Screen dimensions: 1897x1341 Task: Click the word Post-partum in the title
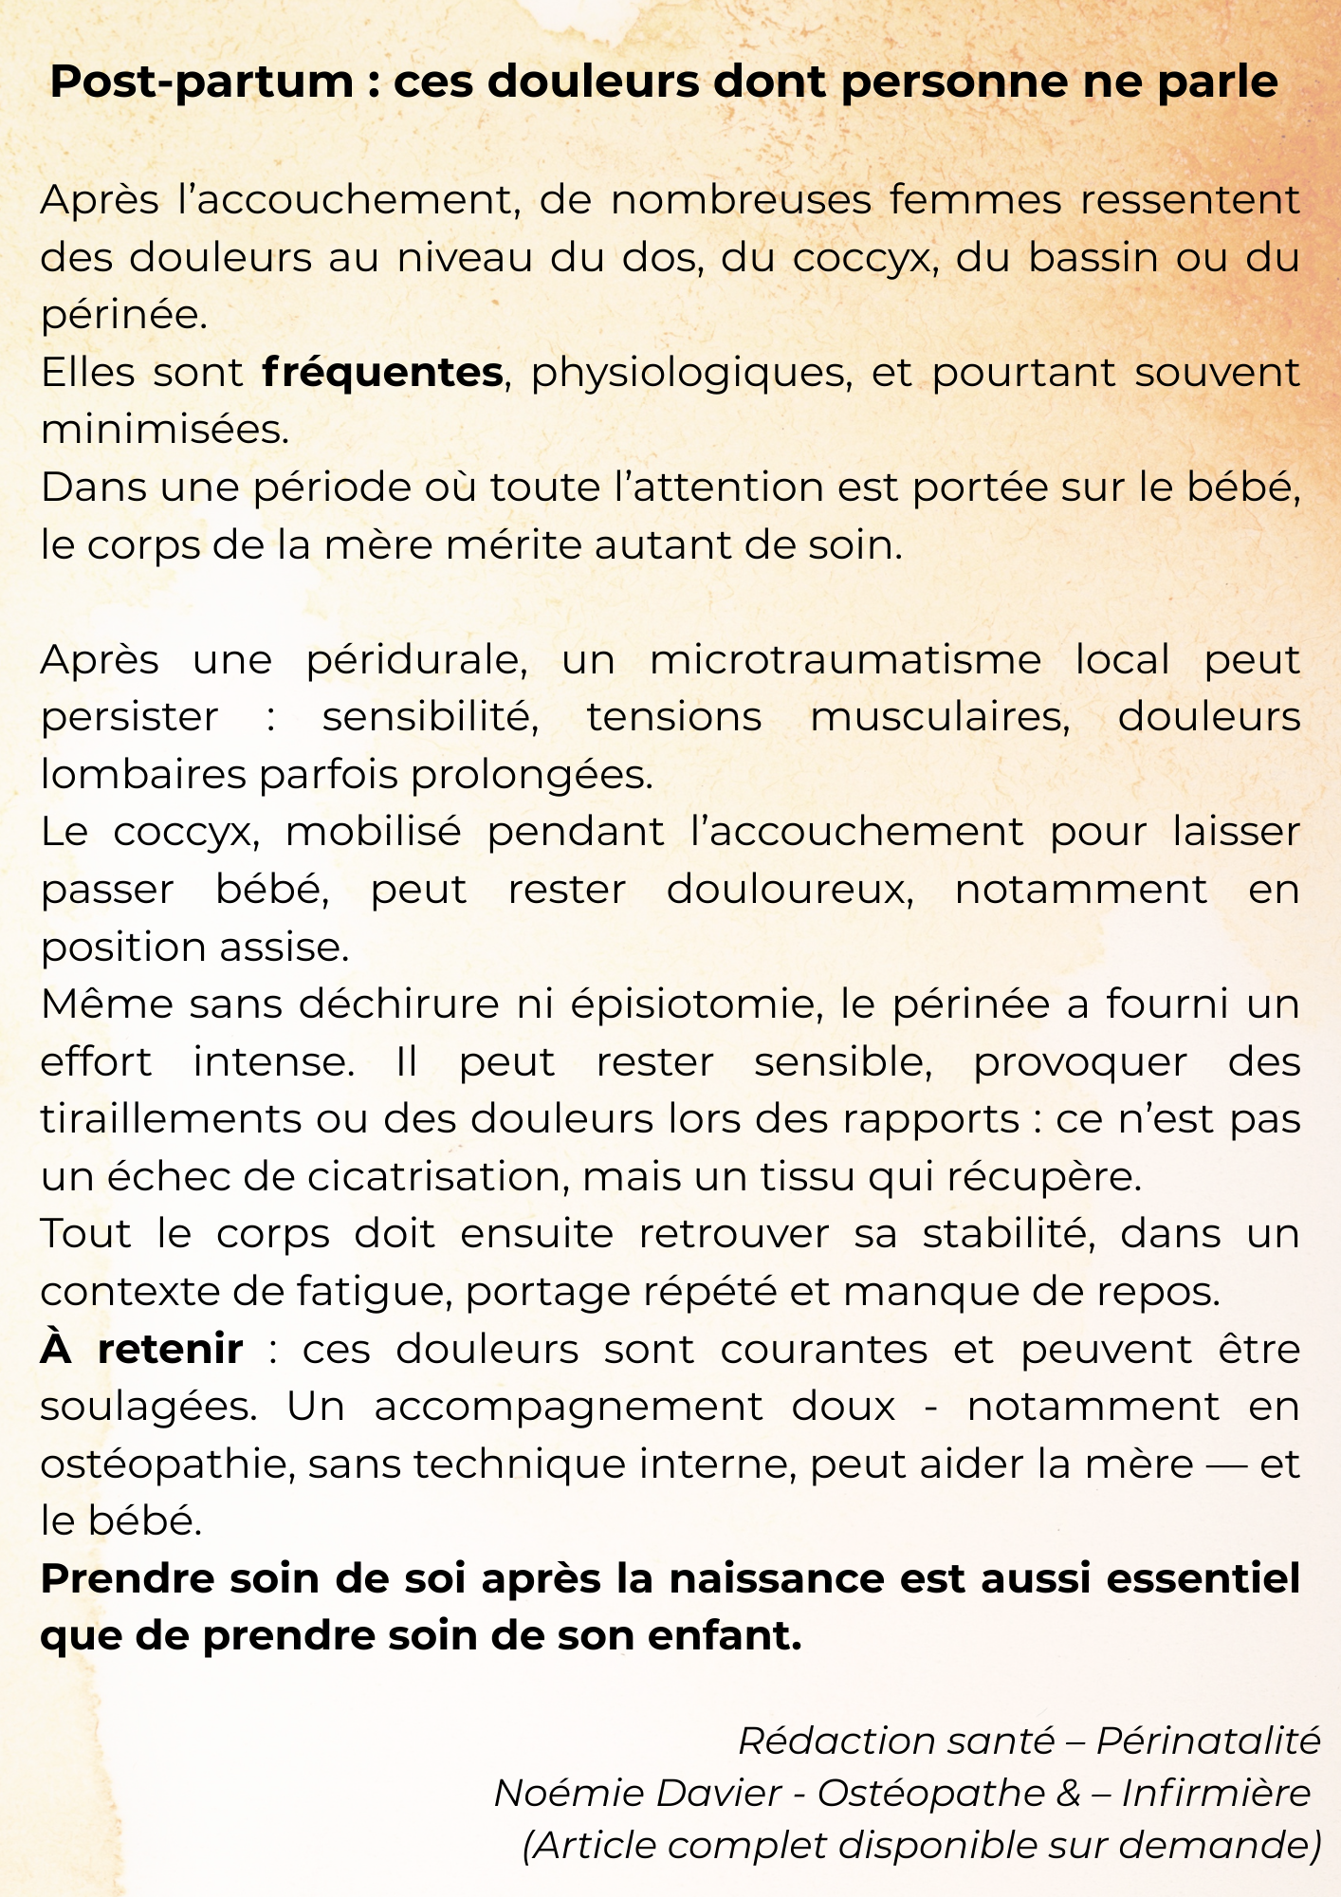click(201, 83)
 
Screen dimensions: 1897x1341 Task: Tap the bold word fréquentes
click(382, 373)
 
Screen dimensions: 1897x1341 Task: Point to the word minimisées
click(164, 431)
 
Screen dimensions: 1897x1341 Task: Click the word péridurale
click(416, 660)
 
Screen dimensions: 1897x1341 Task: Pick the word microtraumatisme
click(845, 660)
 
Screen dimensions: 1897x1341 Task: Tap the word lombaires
click(143, 776)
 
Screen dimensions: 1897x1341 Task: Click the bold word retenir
click(171, 1350)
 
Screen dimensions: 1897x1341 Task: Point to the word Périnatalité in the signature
click(1208, 1741)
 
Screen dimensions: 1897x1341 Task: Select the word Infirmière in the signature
click(1216, 1794)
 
